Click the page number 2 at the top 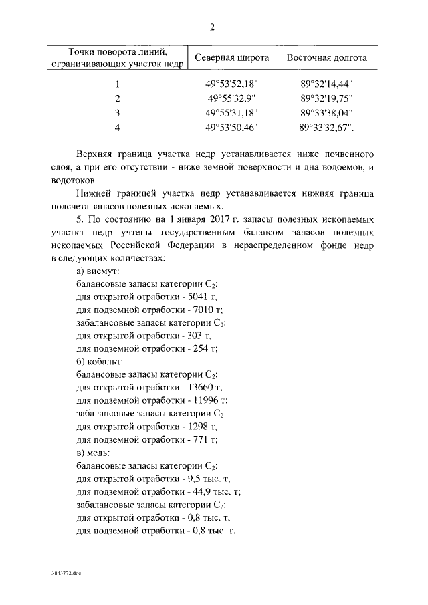click(x=213, y=27)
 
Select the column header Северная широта click(x=232, y=57)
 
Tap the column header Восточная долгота click(x=326, y=57)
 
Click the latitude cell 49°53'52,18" click(x=232, y=84)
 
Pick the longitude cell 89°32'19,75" click(x=327, y=98)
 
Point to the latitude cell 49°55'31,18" click(x=232, y=112)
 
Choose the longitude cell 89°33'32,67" click(x=327, y=126)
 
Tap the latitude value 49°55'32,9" click(x=232, y=98)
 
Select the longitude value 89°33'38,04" click(x=327, y=112)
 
